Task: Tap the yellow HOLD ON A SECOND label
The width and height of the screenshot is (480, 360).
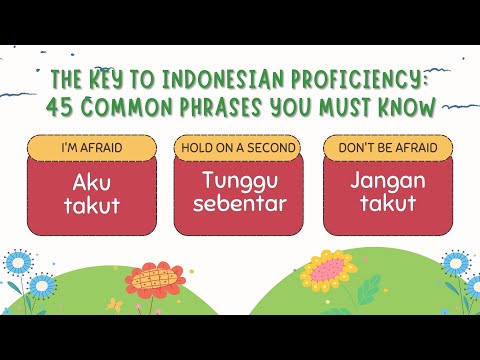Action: click(240, 147)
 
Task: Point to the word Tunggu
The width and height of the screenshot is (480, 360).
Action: click(240, 180)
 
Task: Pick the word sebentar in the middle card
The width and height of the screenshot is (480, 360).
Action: click(240, 205)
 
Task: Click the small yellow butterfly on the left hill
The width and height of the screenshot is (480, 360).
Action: click(116, 303)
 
